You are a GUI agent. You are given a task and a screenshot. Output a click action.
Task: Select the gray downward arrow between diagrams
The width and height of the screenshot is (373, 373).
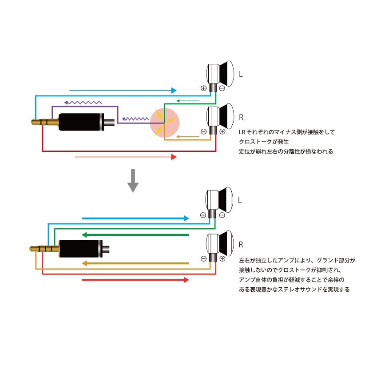pyautogui.click(x=133, y=181)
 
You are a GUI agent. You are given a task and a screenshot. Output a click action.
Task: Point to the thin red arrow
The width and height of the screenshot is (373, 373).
pyautogui.click(x=126, y=157)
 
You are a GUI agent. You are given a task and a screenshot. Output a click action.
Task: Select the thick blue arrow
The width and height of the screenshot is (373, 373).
pyautogui.click(x=135, y=218)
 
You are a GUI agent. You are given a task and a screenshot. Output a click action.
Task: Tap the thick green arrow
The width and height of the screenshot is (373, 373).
pyautogui.click(x=135, y=234)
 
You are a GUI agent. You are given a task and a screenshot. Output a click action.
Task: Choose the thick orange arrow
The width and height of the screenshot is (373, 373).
pyautogui.click(x=135, y=263)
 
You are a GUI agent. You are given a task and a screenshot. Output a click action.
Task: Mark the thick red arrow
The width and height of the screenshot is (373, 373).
pyautogui.click(x=135, y=280)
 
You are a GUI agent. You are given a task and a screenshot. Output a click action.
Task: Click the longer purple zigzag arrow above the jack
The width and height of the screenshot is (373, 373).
pyautogui.click(x=83, y=102)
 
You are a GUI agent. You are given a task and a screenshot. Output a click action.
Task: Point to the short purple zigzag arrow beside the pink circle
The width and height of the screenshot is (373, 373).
pyautogui.click(x=135, y=119)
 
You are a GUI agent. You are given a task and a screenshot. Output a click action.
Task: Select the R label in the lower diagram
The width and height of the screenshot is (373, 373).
pyautogui.click(x=241, y=245)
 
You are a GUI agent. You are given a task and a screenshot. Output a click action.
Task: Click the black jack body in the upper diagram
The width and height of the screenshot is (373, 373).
pyautogui.click(x=80, y=121)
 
